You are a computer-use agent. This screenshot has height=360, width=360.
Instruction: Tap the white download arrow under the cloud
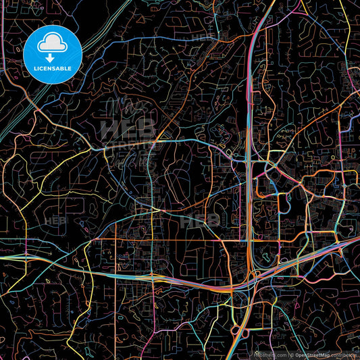click(53, 58)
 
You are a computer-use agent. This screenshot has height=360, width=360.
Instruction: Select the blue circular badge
click(53, 55)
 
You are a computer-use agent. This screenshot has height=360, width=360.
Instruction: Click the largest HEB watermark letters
click(128, 128)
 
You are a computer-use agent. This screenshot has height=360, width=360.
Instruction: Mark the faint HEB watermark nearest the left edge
click(54, 221)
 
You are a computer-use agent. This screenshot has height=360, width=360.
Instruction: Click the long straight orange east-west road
click(189, 240)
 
